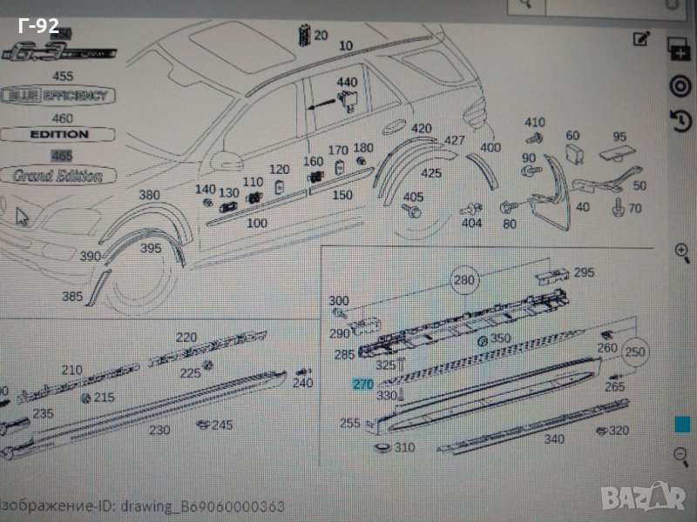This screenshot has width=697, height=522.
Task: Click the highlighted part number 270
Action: (x=361, y=383)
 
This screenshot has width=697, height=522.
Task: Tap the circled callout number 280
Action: (x=465, y=279)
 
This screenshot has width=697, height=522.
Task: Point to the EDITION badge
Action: (x=59, y=135)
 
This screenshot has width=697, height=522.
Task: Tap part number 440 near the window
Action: (x=347, y=83)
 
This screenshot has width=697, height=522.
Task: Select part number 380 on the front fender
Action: (x=149, y=195)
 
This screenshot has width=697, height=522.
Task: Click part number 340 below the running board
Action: (x=554, y=439)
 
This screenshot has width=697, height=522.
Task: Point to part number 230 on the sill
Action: (x=159, y=429)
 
